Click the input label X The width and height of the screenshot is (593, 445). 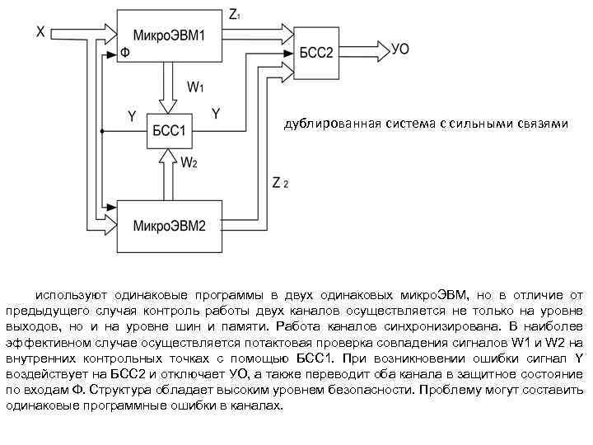40,31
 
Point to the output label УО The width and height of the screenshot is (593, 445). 400,49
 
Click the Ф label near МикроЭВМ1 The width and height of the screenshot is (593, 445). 124,54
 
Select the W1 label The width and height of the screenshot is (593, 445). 196,86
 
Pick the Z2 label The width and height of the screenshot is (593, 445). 280,183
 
